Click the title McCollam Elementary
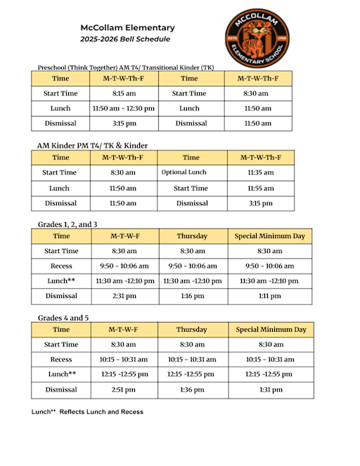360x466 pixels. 127,27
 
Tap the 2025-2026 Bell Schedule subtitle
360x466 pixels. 125,39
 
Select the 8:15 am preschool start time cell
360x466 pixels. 124,93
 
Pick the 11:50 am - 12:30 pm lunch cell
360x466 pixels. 124,109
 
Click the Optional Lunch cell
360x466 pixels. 184,172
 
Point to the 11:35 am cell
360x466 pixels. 260,172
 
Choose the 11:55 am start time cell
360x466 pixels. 260,188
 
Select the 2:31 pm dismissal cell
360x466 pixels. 124,297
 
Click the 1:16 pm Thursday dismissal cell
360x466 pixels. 193,297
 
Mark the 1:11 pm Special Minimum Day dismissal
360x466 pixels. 271,297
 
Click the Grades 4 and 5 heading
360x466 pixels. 63,318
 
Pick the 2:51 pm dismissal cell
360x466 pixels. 124,390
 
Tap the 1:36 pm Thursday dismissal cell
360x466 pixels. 193,390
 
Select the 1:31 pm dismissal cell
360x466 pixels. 271,390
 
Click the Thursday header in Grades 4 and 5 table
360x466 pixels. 193,330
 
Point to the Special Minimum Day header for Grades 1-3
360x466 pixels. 271,236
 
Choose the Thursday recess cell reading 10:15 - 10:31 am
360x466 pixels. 193,360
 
